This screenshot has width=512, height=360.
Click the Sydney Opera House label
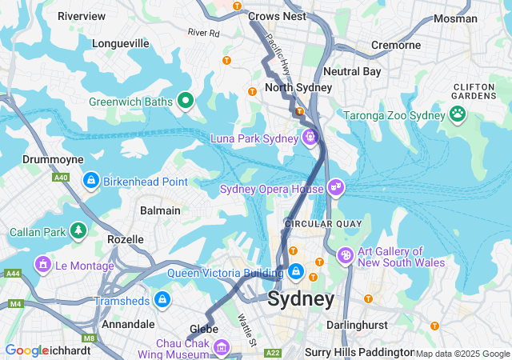point(272,189)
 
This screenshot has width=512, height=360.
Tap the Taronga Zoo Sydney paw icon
point(458,115)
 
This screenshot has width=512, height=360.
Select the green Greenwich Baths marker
point(186,100)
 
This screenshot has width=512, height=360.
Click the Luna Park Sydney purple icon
point(310,138)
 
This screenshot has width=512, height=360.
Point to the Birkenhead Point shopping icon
point(91,181)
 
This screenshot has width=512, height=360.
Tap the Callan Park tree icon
point(78,232)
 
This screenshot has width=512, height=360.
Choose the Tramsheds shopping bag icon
point(162,300)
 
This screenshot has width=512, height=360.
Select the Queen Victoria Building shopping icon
point(296,272)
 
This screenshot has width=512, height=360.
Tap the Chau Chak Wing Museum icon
point(222,348)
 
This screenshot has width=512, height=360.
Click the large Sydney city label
point(301,299)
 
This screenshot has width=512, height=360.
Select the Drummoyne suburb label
point(53,160)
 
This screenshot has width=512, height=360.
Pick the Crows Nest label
point(277,16)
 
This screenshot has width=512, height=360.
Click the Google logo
point(26,350)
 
